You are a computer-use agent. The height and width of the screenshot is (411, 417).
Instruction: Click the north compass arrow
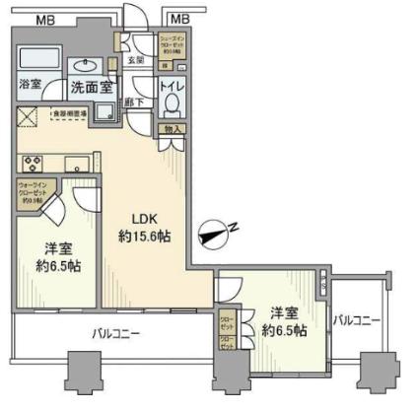pos(212,233)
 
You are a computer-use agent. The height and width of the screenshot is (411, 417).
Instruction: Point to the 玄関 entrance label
pos(137,60)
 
